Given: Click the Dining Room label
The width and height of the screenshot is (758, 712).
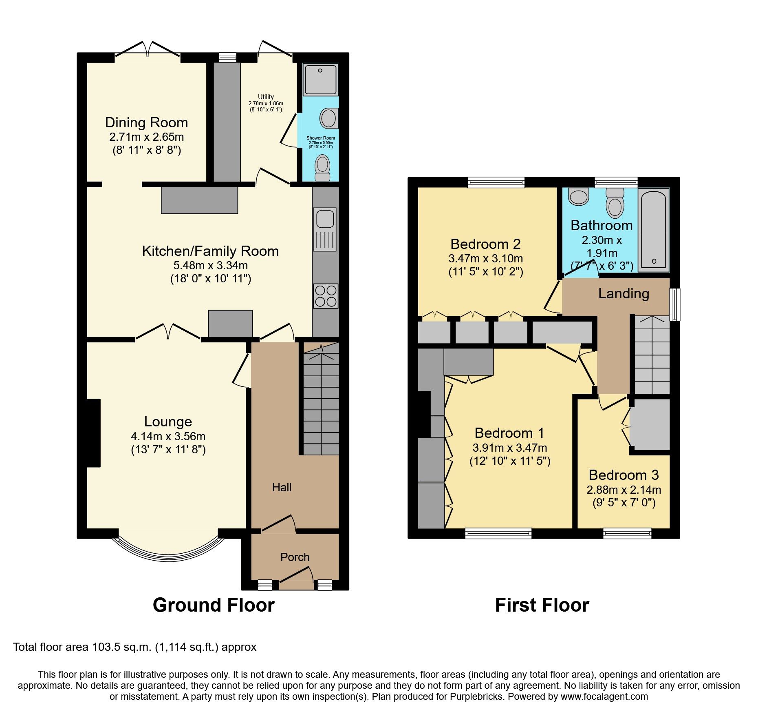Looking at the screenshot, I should tap(146, 122).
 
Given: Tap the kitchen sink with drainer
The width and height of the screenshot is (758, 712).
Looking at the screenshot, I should tap(325, 229).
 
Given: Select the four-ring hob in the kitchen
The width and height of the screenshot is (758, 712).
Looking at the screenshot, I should tap(326, 296).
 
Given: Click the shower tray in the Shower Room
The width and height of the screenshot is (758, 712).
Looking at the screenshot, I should tap(321, 79).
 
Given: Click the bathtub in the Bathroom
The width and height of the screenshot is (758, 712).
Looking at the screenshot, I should tap(654, 230).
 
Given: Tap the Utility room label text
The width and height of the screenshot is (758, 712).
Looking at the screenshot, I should tap(266, 97).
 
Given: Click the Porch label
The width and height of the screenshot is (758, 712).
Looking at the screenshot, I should tap(295, 557).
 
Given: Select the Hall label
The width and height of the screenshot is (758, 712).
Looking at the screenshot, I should tap(282, 487).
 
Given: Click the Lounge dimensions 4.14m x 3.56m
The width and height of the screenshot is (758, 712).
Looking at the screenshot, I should tap(168, 436).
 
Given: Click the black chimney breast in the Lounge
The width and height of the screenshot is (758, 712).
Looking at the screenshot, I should tap(93, 433).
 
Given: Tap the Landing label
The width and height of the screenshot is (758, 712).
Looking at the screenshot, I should tap(624, 293).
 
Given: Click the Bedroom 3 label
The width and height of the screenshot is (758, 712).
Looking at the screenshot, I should tap(624, 475).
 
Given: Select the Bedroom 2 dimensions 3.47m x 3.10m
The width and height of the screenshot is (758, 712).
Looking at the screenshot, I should tap(485, 258).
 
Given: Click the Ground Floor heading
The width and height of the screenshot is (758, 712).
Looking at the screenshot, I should tap(214, 605).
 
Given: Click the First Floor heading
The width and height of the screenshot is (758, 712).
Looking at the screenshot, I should tap(542, 605).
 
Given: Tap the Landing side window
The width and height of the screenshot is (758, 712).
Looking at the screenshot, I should tap(675, 304).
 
